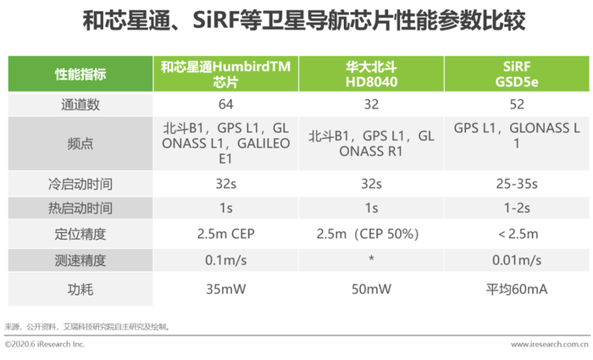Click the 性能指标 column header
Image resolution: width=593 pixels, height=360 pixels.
80,75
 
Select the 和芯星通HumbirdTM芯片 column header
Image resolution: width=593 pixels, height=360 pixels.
226,75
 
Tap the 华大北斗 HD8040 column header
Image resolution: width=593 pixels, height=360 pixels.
371,75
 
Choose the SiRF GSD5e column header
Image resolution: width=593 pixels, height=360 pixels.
517,75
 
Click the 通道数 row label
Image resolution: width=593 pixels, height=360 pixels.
80,105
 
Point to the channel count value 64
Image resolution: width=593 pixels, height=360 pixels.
226,104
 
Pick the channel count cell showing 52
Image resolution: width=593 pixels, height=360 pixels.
517,104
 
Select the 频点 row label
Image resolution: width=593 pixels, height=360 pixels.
80,144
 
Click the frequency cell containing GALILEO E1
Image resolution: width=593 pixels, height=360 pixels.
226,144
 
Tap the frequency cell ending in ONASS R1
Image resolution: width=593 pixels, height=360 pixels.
371,144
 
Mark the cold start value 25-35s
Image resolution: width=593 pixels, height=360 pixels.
517,184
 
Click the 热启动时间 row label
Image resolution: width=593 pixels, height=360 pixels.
80,208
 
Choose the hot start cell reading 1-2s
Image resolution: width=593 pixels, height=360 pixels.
517,208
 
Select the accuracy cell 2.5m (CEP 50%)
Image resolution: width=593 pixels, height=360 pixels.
368,234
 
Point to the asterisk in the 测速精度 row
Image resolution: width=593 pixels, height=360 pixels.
371,258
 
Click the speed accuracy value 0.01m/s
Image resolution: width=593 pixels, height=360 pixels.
517,260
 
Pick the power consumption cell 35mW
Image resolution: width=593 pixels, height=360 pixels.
226,290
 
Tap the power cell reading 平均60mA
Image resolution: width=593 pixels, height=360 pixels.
517,290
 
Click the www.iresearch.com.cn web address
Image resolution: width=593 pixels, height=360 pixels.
549,345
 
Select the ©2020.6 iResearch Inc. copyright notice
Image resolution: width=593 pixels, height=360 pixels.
45,344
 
